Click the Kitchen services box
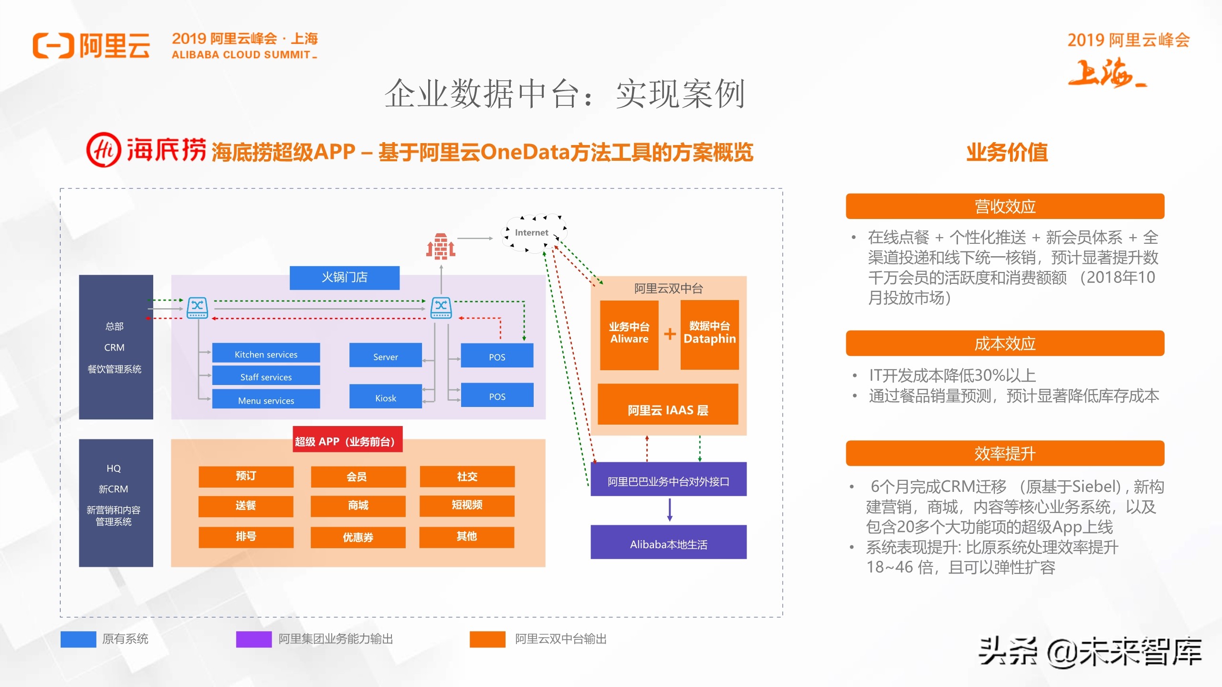(266, 354)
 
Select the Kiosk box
(385, 397)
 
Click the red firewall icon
(441, 246)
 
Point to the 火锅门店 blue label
(344, 277)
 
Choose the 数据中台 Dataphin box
(709, 334)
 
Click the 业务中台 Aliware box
(629, 334)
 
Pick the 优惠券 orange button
(358, 537)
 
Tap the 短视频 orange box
(467, 506)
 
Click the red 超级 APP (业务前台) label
(347, 439)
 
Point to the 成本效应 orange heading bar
(1004, 343)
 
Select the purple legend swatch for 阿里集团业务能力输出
(253, 639)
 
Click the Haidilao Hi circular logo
(103, 150)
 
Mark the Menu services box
(266, 399)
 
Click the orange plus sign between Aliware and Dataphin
(670, 333)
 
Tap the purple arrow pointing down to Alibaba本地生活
(670, 510)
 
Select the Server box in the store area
(385, 355)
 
